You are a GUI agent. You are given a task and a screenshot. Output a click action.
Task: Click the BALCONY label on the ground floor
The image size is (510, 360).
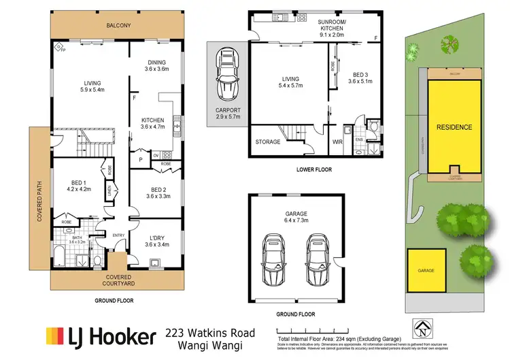pos(118,26)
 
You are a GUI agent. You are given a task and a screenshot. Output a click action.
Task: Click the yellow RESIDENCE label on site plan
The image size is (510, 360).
pos(454,127)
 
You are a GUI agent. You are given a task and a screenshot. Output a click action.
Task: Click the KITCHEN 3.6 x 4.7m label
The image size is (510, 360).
pos(152,122)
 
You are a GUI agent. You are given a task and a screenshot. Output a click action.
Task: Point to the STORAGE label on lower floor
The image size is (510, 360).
pos(267,142)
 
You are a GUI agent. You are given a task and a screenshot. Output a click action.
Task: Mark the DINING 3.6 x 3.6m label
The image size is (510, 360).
pos(157,66)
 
